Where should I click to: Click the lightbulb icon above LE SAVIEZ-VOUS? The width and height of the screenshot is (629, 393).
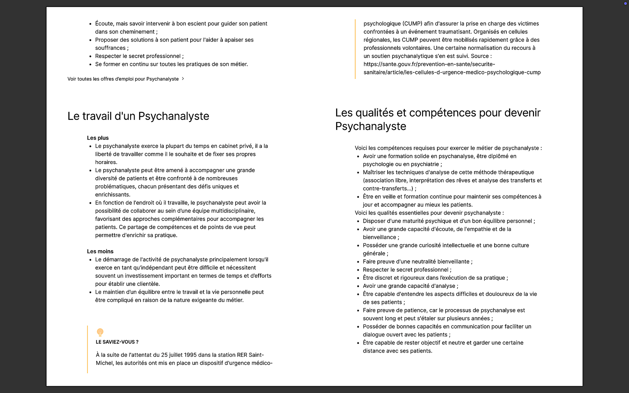point(100,332)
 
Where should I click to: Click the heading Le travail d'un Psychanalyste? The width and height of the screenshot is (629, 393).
point(138,116)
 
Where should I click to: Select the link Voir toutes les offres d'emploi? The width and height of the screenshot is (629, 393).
point(123,79)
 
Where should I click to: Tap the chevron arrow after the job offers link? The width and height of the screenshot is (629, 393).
point(183,79)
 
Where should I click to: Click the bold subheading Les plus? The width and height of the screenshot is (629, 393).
point(98,138)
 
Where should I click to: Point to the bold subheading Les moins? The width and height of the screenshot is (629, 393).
point(100,251)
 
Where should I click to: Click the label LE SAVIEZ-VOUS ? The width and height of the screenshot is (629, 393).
point(117,342)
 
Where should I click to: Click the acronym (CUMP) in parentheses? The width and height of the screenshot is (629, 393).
point(408,24)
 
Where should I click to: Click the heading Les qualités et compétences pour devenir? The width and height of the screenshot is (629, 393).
point(438,113)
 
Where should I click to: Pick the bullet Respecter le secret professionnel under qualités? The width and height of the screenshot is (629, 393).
point(407,270)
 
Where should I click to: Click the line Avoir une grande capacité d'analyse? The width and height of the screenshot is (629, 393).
point(410,286)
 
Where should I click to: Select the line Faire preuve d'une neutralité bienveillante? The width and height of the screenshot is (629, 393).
point(417,261)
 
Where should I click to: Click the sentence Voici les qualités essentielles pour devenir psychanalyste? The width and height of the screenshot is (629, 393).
point(429,213)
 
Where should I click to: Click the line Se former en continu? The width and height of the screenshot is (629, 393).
point(171,64)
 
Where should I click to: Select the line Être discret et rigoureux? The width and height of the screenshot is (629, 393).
point(435,278)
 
